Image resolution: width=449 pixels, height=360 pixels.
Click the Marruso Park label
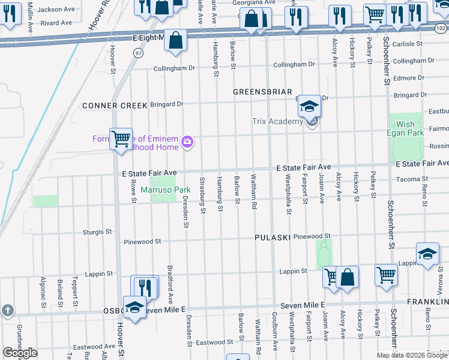(165, 190)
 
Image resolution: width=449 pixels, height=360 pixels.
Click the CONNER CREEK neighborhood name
(115, 106)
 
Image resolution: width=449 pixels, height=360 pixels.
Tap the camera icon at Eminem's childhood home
(187, 142)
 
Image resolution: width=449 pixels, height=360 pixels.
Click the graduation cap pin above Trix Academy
(309, 107)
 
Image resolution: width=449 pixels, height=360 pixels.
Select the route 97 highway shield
(139, 53)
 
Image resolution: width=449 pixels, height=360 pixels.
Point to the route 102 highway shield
(441, 28)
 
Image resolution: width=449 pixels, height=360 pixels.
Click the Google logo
(20, 353)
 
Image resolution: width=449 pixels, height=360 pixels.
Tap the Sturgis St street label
(97, 231)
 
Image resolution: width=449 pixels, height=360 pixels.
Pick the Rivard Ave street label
(57, 23)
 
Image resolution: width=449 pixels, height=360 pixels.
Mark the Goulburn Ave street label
(274, 339)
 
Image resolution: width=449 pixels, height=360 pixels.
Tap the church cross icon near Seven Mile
(7, 310)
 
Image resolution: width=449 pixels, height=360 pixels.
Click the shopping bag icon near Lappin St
(347, 278)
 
